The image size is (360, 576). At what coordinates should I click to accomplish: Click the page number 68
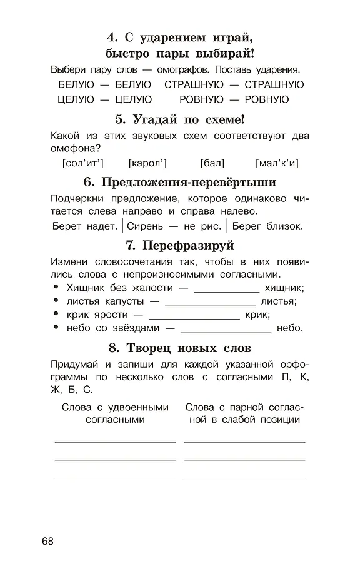(48, 541)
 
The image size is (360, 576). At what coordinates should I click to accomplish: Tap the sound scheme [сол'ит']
(84, 163)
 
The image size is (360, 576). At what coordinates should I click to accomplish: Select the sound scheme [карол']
(148, 163)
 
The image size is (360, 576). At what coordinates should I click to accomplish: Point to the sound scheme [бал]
(212, 163)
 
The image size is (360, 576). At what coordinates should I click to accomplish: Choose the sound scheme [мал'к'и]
(277, 163)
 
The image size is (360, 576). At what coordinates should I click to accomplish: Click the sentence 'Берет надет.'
(85, 226)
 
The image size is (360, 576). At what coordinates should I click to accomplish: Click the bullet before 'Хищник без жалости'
(56, 287)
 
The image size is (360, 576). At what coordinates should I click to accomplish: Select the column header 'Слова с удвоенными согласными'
(115, 413)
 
